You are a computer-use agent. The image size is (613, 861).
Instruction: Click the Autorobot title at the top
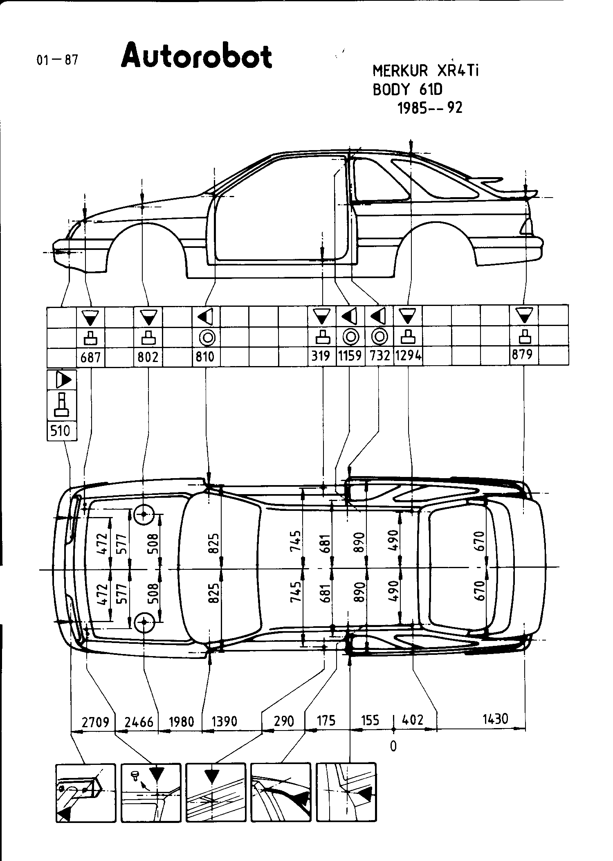[x=196, y=56]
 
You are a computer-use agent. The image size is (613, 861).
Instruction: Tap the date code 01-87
[x=57, y=60]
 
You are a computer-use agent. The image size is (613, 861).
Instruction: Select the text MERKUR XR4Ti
[x=425, y=71]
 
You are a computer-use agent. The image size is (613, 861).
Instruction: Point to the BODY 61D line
[x=407, y=90]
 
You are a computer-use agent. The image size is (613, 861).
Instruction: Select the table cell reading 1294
[x=408, y=356]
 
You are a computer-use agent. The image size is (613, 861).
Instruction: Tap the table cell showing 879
[x=523, y=354]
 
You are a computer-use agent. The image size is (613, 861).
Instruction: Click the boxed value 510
[x=61, y=431]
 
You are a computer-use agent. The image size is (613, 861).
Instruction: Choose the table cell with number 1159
[x=350, y=356]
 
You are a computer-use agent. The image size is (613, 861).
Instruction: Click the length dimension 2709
[x=95, y=722]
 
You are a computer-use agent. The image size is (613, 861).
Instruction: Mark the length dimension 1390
[x=224, y=721]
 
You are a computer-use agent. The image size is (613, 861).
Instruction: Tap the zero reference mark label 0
[x=393, y=746]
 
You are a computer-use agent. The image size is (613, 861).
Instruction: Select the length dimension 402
[x=413, y=720]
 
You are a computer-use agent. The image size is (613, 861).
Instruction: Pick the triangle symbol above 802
[x=148, y=317]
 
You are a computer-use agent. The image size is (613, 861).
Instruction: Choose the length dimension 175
[x=326, y=720]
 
